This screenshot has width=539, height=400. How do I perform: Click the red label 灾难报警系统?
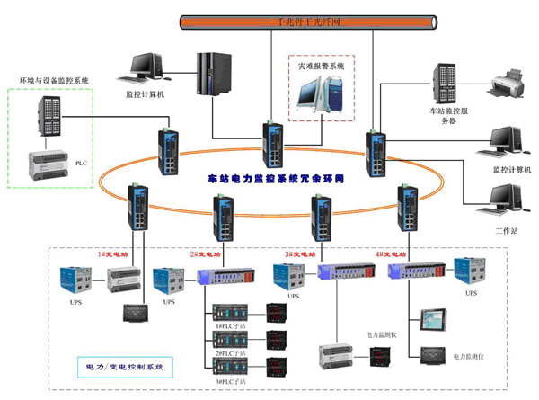tap(322, 66)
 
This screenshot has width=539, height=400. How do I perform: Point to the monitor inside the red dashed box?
tap(318, 95)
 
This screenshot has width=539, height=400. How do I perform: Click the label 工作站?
tap(508, 231)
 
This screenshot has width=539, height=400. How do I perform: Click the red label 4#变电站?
tap(395, 254)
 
